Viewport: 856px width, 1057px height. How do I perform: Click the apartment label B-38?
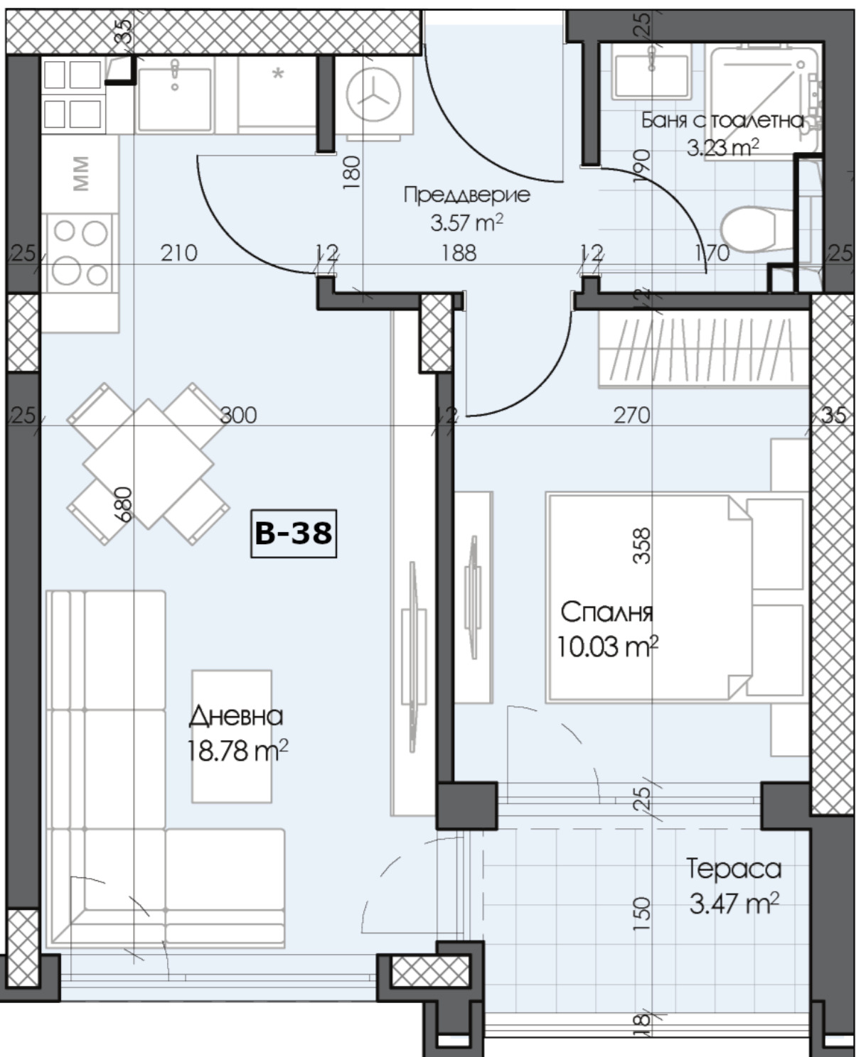[x=294, y=533]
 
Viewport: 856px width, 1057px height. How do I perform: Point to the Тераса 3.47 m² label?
[x=734, y=885]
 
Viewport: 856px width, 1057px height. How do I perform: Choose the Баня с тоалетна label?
[x=722, y=121]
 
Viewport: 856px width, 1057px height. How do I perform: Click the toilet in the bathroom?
[x=751, y=229]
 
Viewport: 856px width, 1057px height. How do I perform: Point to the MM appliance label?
[x=81, y=174]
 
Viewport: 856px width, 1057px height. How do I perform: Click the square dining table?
[x=149, y=464]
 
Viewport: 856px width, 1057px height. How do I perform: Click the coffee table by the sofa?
[x=232, y=736]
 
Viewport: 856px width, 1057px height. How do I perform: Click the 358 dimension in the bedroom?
[x=641, y=546]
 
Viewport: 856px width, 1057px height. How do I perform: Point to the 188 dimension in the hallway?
[x=459, y=252]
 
